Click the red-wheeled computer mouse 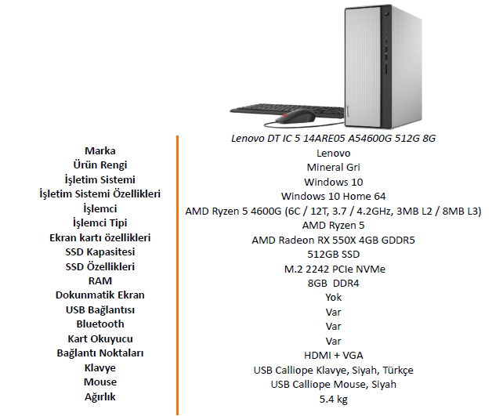pos(295,117)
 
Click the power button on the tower pos(386,13)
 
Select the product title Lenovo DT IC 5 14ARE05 pos(333,138)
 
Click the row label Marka pos(100,150)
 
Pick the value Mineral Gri pos(333,168)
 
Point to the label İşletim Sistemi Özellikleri pos(100,194)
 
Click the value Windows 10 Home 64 pos(333,197)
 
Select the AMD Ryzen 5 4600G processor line pos(333,211)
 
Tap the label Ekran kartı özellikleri pos(100,237)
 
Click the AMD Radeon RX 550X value pos(333,240)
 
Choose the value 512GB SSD pos(333,255)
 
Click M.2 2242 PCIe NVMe pos(335,269)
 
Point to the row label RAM pos(100,281)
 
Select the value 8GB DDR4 pos(333,284)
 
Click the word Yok pos(333,298)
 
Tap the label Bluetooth pos(100,324)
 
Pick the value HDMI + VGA pos(333,356)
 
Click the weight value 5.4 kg pos(333,400)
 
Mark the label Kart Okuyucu pos(100,339)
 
